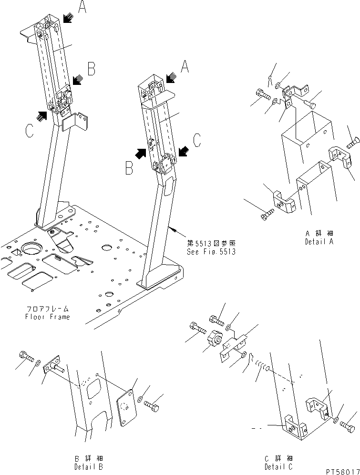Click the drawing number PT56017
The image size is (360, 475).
[x=342, y=472]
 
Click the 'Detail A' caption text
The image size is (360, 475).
[x=319, y=242]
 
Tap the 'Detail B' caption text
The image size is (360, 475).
[x=89, y=467]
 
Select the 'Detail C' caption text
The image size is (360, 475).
[x=278, y=467]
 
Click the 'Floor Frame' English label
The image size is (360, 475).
[x=48, y=317]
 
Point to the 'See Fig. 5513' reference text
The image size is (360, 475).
[x=211, y=252]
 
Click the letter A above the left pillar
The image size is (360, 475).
[x=82, y=7]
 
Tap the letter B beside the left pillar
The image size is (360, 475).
[x=91, y=69]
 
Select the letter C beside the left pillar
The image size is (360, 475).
[x=30, y=131]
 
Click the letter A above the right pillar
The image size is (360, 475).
[x=185, y=66]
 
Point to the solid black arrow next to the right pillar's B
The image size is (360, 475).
[x=140, y=153]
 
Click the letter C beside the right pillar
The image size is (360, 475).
[x=197, y=140]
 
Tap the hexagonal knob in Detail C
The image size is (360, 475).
[x=215, y=337]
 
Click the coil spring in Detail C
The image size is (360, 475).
[x=262, y=365]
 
